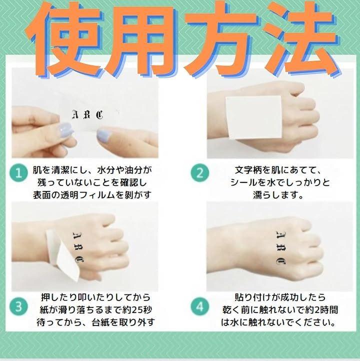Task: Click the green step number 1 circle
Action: coord(18,172)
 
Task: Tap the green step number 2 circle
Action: coord(200,172)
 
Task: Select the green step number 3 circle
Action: coord(18,306)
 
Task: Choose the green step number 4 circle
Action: coord(200,306)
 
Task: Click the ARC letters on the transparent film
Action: coord(87,114)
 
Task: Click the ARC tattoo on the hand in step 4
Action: coord(281,247)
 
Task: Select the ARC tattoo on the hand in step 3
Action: coord(78,247)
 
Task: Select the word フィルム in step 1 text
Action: coord(93,195)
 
